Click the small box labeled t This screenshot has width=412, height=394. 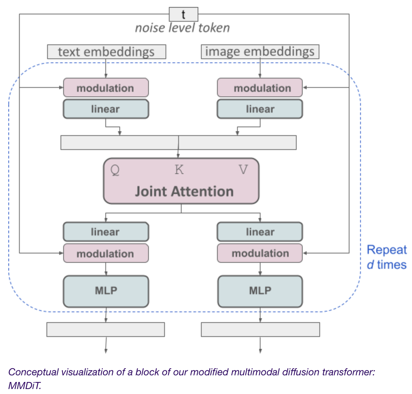(183, 14)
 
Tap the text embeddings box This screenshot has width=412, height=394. (106, 52)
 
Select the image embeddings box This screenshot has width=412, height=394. (260, 51)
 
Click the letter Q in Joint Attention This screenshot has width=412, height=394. (115, 170)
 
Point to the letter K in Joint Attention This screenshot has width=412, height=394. (179, 169)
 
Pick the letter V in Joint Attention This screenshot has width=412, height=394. (243, 169)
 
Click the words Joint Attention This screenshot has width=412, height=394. (184, 191)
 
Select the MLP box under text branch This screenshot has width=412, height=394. (106, 291)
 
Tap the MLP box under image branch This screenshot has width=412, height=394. (260, 291)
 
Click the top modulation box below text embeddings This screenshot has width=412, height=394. (106, 88)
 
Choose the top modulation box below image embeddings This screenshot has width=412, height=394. (260, 88)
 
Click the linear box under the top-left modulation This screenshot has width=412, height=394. (106, 109)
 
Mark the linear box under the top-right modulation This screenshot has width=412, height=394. (260, 109)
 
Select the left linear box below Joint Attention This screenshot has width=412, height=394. (106, 232)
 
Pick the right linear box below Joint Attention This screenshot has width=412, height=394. (260, 232)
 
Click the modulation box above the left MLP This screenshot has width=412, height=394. (106, 253)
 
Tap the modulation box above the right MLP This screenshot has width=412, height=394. (260, 253)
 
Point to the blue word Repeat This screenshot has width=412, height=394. (387, 250)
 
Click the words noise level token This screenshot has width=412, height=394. (182, 28)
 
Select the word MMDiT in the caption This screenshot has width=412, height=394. (24, 386)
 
